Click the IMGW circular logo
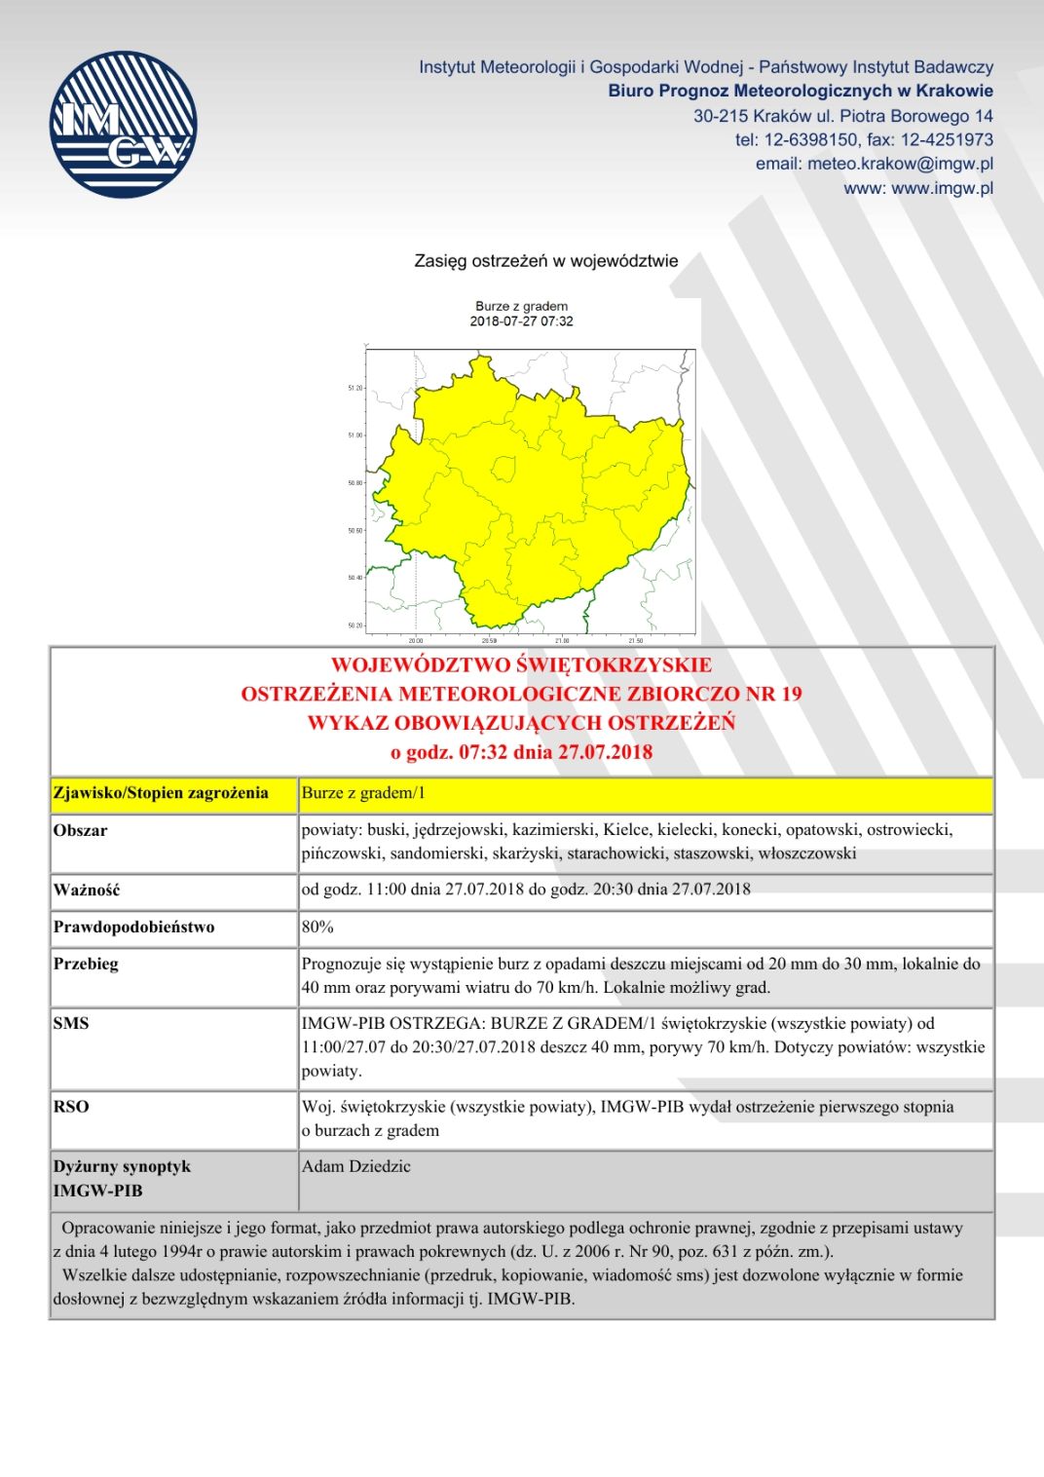click(124, 125)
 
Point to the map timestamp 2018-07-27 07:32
click(521, 322)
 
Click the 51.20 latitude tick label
click(354, 388)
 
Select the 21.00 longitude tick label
click(562, 641)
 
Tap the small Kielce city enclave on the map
click(503, 470)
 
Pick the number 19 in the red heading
click(790, 694)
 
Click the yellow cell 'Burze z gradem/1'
click(363, 793)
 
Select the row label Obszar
click(81, 831)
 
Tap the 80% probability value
click(317, 927)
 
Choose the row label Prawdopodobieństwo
click(134, 927)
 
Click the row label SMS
click(71, 1023)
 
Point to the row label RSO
click(71, 1107)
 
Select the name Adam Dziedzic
click(356, 1166)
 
